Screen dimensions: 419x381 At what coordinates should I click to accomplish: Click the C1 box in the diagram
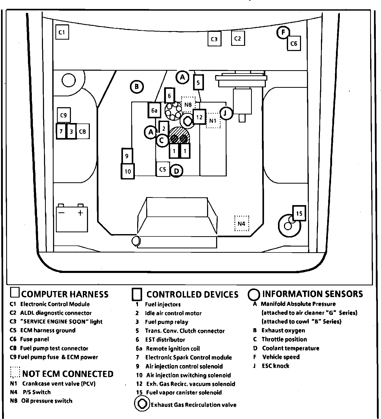click(x=62, y=32)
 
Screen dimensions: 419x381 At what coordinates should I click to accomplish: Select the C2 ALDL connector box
click(x=238, y=39)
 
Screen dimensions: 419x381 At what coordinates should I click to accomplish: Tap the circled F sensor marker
click(x=283, y=32)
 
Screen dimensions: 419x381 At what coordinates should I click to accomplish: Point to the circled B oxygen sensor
click(x=137, y=87)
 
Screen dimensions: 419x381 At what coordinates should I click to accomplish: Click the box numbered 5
click(x=198, y=82)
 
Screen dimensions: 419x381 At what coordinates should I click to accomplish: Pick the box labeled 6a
click(x=154, y=111)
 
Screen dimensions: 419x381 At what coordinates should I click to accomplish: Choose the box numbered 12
click(x=199, y=117)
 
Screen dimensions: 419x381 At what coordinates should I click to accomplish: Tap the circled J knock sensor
click(x=226, y=113)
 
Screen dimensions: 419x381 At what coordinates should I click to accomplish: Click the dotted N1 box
click(x=213, y=120)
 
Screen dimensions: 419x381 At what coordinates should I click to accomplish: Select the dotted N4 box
click(x=241, y=223)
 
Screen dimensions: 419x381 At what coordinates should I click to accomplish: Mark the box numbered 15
click(x=299, y=213)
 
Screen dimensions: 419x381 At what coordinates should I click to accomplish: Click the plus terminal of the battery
click(x=80, y=213)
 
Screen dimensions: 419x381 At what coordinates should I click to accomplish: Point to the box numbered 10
click(x=128, y=171)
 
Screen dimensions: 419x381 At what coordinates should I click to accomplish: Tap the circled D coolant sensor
click(x=177, y=171)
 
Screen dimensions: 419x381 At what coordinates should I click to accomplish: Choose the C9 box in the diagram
click(x=64, y=115)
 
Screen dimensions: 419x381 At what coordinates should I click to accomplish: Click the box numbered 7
click(x=61, y=132)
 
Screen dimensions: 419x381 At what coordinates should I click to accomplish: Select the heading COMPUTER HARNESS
click(x=65, y=294)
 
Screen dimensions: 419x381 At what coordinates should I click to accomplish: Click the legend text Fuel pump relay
click(x=166, y=322)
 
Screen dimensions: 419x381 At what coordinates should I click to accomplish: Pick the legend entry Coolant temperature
click(x=290, y=348)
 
